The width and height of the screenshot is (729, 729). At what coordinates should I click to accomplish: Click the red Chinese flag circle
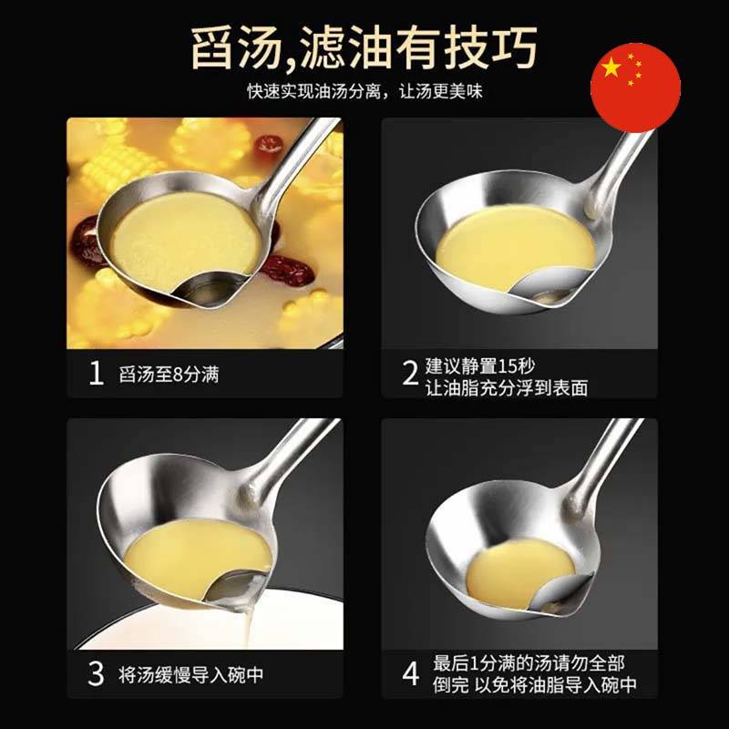[x=635, y=87]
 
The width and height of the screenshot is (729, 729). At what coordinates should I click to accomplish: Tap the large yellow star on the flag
[x=611, y=68]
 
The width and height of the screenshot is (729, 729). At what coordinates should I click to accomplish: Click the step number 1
[x=96, y=373]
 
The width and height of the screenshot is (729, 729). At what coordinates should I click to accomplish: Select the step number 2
[x=410, y=373]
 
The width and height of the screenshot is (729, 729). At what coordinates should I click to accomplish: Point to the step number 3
[x=96, y=673]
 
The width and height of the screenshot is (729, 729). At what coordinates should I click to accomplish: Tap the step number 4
[x=410, y=673]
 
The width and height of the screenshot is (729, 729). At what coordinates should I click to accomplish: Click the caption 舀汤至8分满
[x=169, y=375]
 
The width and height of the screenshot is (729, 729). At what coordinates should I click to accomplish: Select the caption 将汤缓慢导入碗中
[x=191, y=674]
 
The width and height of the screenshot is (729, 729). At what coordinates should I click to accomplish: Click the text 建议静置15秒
[x=480, y=366]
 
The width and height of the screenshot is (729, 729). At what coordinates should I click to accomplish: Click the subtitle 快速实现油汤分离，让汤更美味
[x=365, y=91]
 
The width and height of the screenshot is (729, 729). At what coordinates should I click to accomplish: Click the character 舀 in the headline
[x=219, y=48]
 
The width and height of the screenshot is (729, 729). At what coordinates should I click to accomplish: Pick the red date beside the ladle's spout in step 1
[x=287, y=270]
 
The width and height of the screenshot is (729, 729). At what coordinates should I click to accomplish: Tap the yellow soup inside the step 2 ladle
[x=515, y=247]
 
